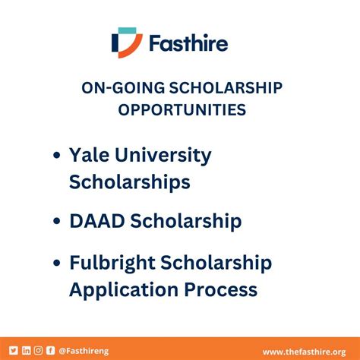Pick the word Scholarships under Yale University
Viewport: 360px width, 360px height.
click(130, 183)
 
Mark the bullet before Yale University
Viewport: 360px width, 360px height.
click(56, 157)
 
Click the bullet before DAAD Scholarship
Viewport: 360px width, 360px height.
click(56, 223)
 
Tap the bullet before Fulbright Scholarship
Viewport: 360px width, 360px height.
click(56, 264)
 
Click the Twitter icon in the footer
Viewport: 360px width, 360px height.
click(13, 350)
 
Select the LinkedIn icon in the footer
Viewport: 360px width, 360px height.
click(26, 350)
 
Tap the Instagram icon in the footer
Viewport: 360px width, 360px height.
click(38, 350)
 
